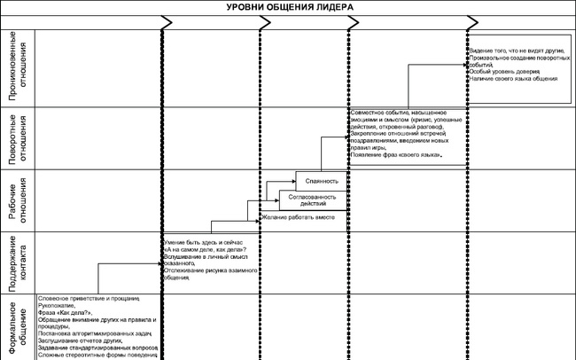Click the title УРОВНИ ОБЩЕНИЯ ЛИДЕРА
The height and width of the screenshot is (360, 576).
[x=287, y=6]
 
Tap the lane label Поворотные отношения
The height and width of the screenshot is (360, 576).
[x=19, y=137]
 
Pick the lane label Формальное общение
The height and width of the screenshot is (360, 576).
[x=19, y=329]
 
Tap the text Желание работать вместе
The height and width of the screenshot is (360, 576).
[x=296, y=217]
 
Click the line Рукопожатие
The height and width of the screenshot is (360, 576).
[x=58, y=305]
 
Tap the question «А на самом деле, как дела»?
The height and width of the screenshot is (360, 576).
[x=205, y=249]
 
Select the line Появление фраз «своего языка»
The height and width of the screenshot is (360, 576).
[x=396, y=156]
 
